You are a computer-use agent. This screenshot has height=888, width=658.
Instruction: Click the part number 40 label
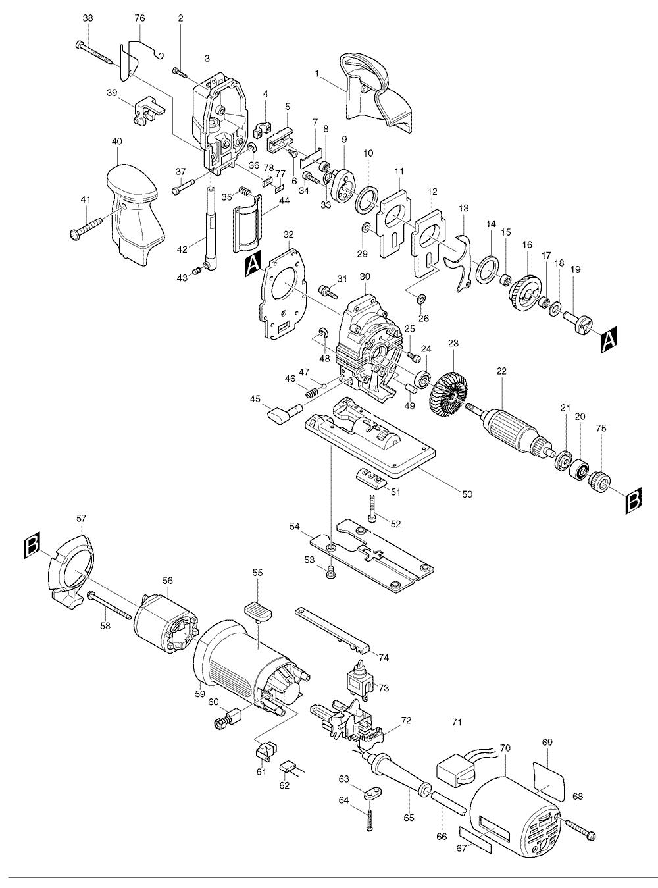coord(117,142)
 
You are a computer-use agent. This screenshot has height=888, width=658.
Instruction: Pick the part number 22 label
coord(501,371)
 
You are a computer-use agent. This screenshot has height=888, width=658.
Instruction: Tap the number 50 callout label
coord(467,494)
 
